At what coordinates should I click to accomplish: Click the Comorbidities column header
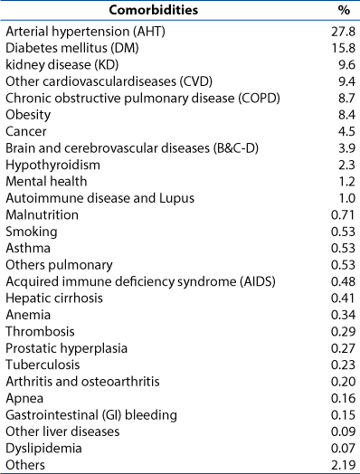pyautogui.click(x=153, y=10)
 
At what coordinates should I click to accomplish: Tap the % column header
pyautogui.click(x=344, y=10)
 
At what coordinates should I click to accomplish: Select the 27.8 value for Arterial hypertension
pyautogui.click(x=343, y=32)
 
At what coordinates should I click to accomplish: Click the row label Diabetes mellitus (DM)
pyautogui.click(x=72, y=48)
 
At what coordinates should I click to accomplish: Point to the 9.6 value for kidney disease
pyautogui.click(x=346, y=65)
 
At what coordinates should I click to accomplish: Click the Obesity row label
pyautogui.click(x=28, y=115)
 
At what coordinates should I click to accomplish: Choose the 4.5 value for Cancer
pyautogui.click(x=346, y=131)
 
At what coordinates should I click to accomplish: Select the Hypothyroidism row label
pyautogui.click(x=52, y=166)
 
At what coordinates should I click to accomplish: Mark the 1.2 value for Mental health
pyautogui.click(x=347, y=182)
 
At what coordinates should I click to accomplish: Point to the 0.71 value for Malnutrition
pyautogui.click(x=343, y=214)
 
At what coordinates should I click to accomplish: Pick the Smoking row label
pyautogui.click(x=32, y=232)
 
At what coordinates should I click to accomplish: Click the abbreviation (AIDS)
pyautogui.click(x=258, y=281)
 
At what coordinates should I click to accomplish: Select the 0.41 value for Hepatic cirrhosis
pyautogui.click(x=343, y=299)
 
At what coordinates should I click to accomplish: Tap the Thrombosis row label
pyautogui.click(x=40, y=332)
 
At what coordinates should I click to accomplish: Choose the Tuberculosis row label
pyautogui.click(x=43, y=365)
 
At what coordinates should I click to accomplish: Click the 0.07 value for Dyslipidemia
pyautogui.click(x=343, y=448)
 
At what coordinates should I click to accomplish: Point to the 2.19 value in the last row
pyautogui.click(x=343, y=465)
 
